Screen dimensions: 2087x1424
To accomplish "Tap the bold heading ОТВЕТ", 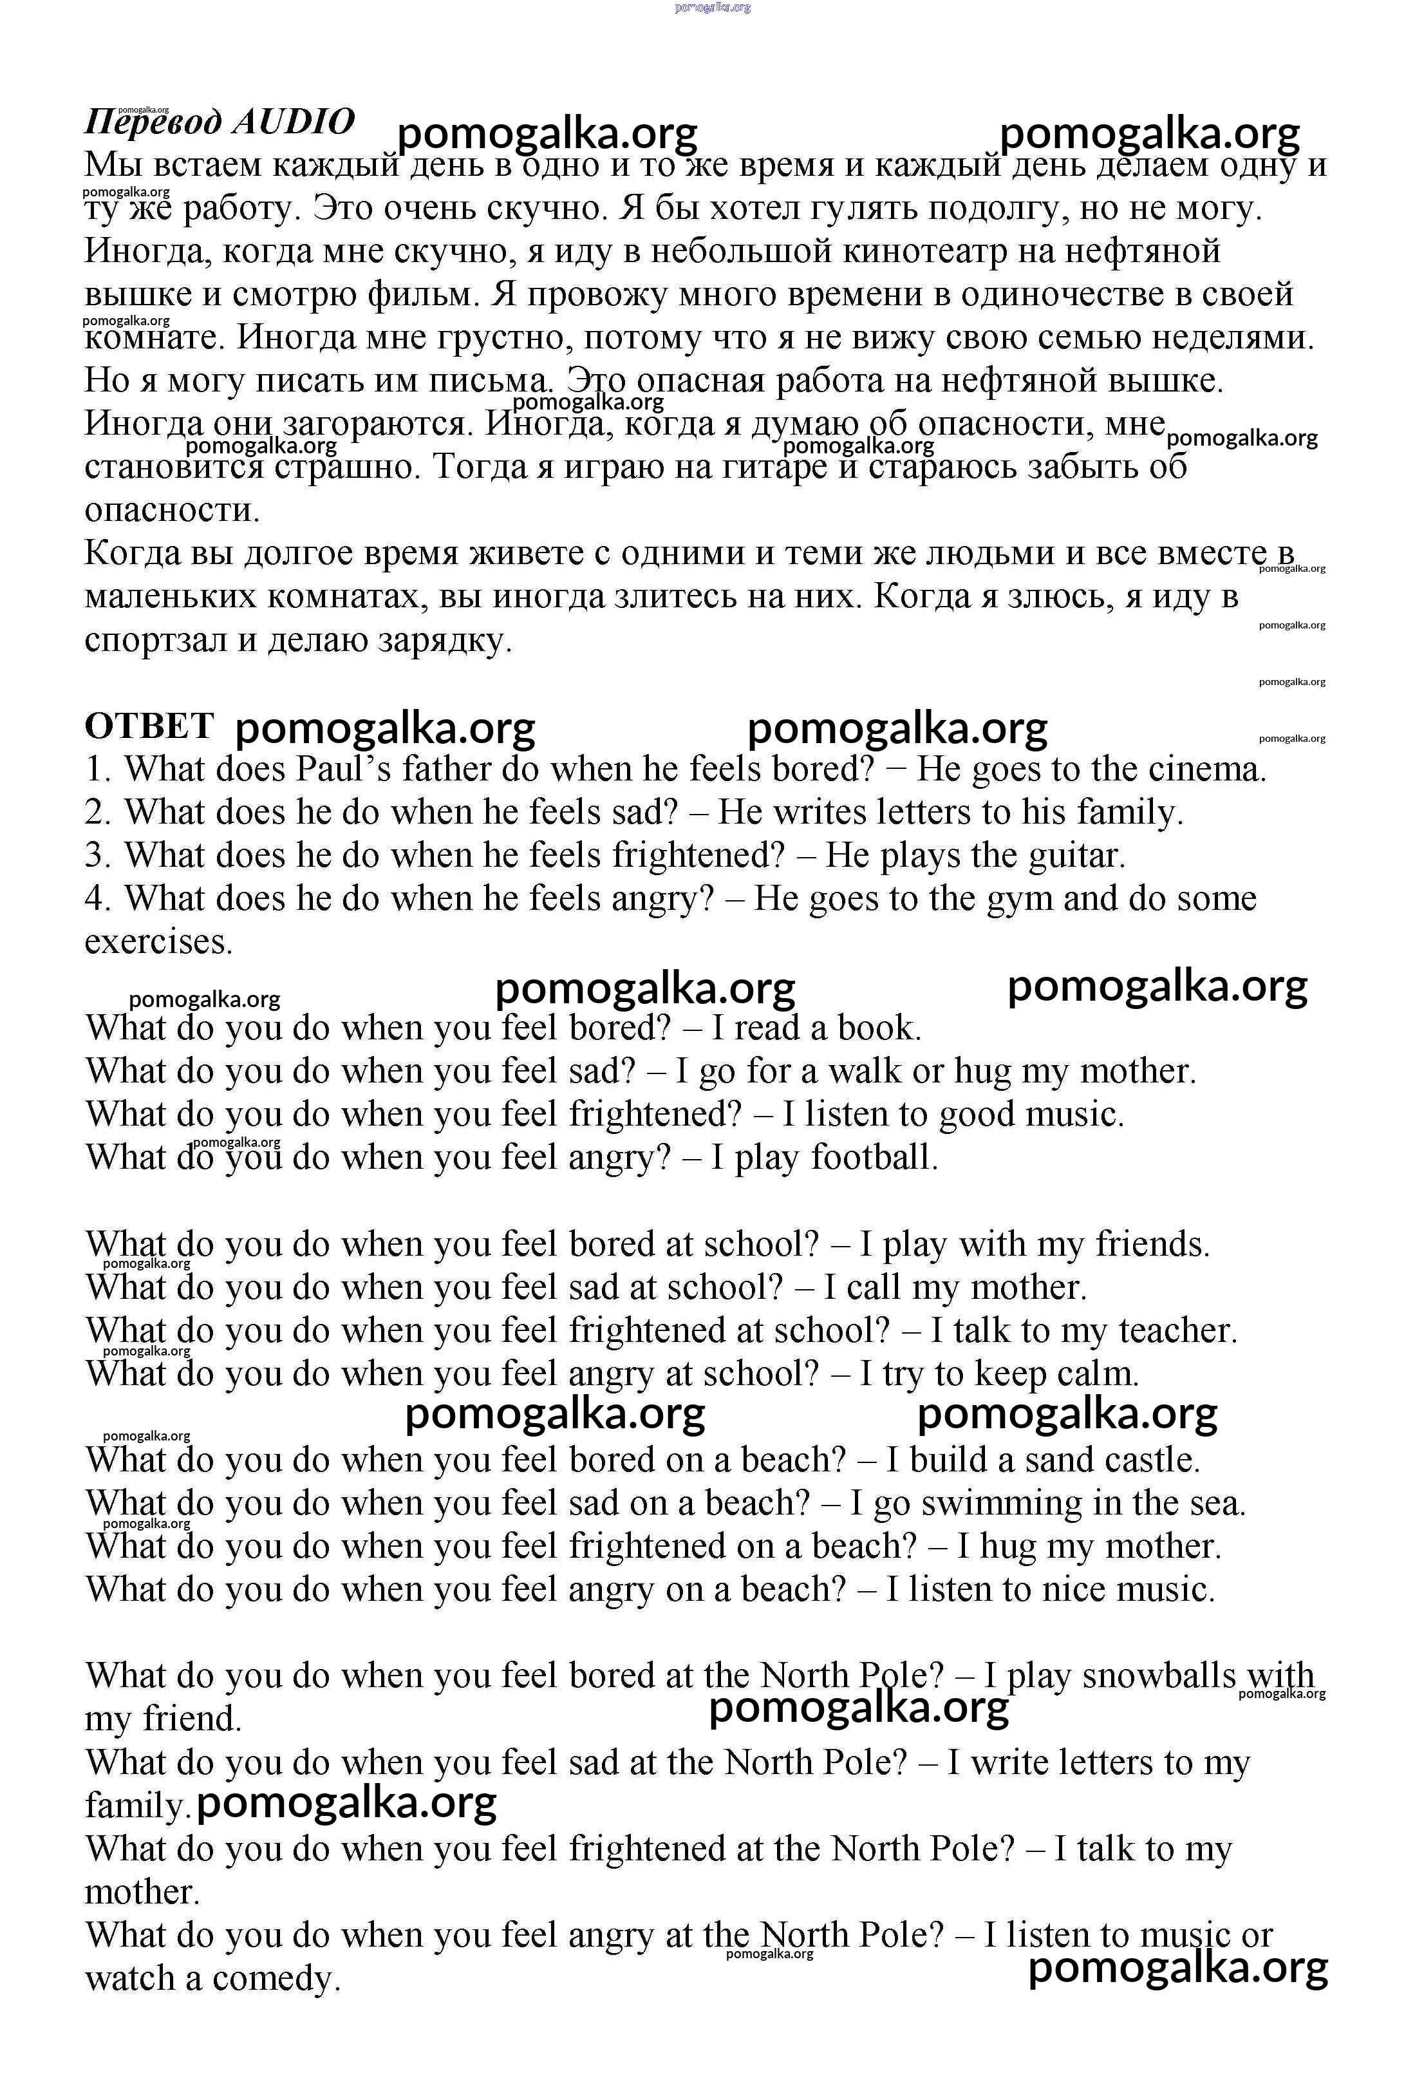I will tap(149, 726).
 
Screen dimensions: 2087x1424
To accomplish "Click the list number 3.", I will tap(96, 856).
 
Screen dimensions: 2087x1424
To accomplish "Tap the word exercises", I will tap(158, 942).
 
